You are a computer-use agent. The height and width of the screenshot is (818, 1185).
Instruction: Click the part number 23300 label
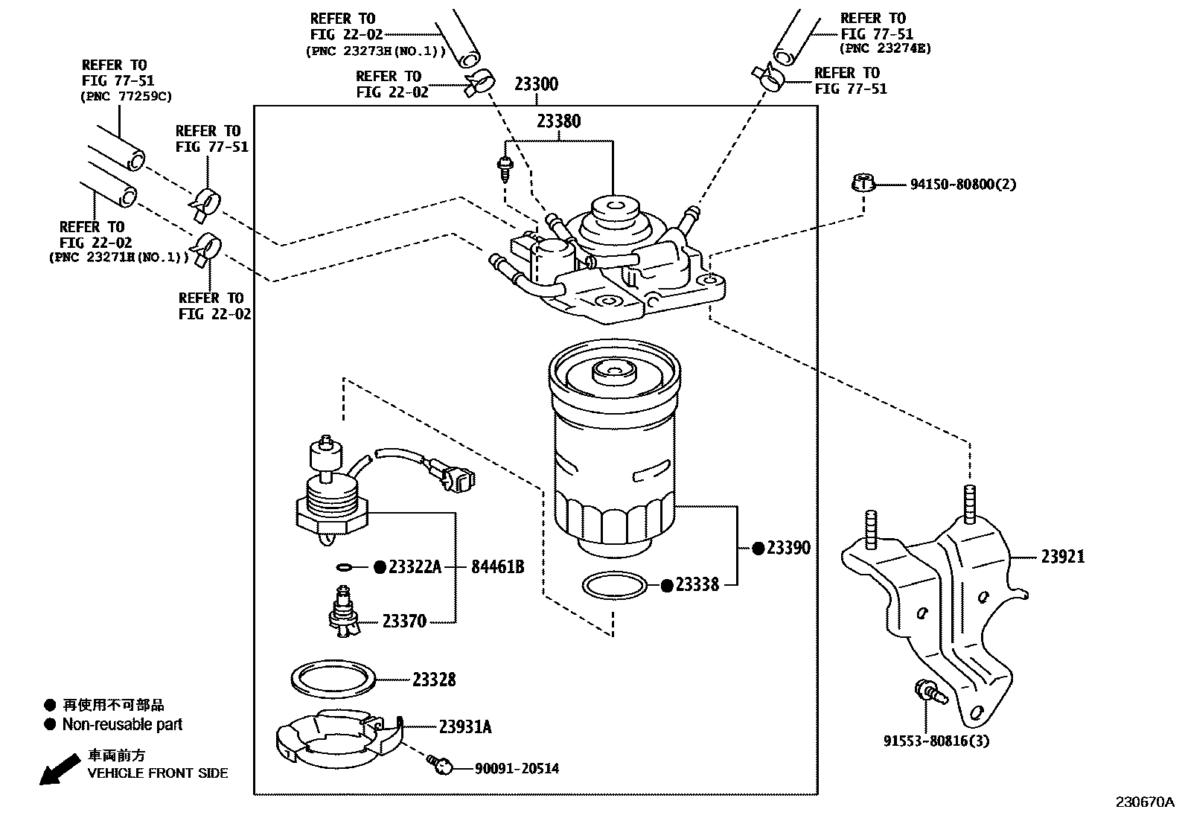tap(535, 84)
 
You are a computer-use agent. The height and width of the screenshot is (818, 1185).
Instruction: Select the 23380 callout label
tap(558, 121)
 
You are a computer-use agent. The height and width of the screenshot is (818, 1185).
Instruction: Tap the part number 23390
tap(788, 549)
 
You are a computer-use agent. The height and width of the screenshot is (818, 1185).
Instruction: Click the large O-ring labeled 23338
tap(613, 586)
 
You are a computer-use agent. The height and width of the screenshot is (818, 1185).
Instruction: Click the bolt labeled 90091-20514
tap(440, 764)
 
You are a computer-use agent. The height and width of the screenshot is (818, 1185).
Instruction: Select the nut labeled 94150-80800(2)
tap(863, 182)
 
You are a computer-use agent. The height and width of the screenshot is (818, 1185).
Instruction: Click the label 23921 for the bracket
tap(1062, 557)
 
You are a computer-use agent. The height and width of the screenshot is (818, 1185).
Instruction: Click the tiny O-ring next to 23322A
tap(344, 568)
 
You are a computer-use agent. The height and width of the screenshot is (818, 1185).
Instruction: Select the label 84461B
tap(497, 568)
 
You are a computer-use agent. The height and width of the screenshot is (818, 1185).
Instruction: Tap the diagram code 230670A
tap(1143, 802)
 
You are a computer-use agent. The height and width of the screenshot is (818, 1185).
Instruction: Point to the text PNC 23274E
tap(885, 49)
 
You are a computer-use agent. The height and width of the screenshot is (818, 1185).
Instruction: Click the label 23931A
tap(464, 727)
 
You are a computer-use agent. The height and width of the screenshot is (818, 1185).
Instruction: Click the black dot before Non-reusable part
tap(50, 724)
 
